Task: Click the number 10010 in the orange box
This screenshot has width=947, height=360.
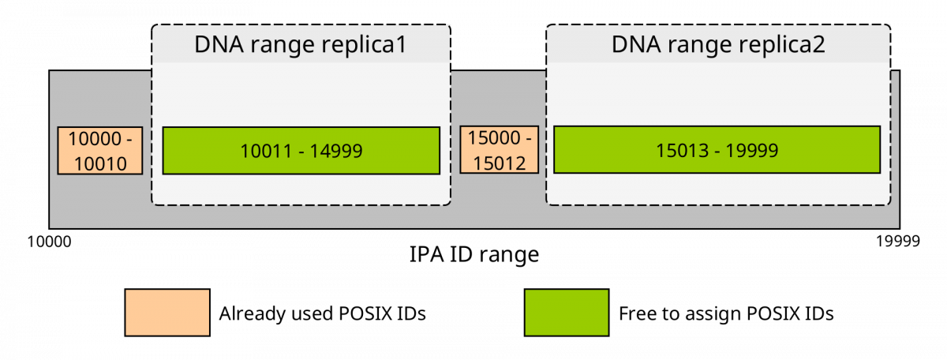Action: pos(100,163)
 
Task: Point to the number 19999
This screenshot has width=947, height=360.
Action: pos(754,150)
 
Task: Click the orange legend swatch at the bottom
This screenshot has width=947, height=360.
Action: pos(167,313)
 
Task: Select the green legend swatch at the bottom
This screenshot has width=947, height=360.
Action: pos(567,313)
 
